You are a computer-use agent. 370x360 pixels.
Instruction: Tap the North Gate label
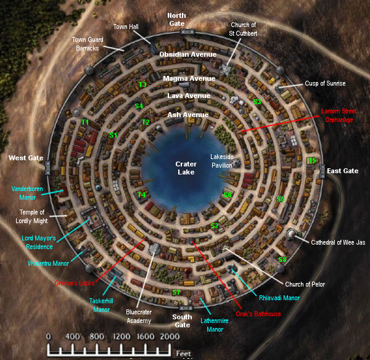coord(176,19)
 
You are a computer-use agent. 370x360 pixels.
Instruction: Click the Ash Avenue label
coord(188,115)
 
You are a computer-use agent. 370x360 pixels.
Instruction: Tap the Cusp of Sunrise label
coord(325,84)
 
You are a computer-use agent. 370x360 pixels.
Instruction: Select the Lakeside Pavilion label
coord(221,160)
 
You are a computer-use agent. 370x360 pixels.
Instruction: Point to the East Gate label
coord(342,171)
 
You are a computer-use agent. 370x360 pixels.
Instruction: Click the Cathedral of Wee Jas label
coord(338,243)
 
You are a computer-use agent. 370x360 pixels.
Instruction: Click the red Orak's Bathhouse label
coord(259,314)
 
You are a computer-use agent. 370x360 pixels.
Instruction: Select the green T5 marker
coord(311,160)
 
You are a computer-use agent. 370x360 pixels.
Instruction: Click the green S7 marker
coord(176,292)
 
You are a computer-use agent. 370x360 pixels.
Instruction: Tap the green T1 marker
coord(85,122)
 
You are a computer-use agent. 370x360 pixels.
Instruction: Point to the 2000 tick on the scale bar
coord(170,337)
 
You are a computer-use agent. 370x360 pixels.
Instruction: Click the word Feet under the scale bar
coord(183,353)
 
